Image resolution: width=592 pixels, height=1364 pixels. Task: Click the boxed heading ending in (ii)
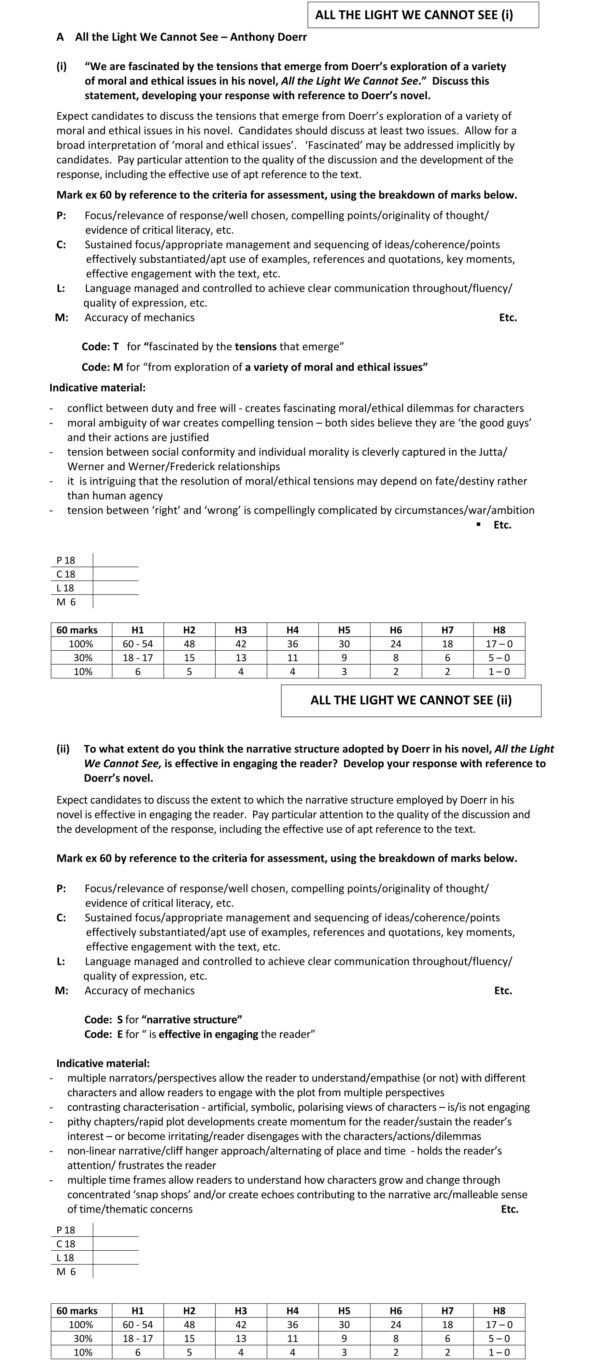click(x=411, y=700)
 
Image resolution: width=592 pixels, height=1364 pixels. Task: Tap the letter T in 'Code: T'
click(x=115, y=347)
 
